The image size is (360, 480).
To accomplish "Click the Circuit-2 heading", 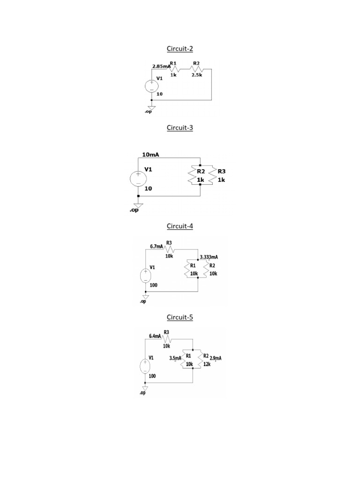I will (180, 49).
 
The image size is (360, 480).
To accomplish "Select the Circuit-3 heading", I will (180, 127).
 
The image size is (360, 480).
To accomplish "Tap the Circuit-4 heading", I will (180, 226).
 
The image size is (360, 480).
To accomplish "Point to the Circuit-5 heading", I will (180, 317).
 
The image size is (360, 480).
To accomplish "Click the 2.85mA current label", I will (161, 67).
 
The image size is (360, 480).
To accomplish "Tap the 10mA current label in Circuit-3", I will (150, 154).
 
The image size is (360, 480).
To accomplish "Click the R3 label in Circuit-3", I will (222, 172).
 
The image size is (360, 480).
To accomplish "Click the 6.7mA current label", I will (157, 246).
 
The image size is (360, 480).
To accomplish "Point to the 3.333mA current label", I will (209, 257).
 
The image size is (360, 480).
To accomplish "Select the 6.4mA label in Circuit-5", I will (155, 336).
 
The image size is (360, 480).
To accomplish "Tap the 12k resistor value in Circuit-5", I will (207, 364).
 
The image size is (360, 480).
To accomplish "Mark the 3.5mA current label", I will (175, 358).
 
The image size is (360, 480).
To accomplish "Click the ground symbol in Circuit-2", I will (151, 108).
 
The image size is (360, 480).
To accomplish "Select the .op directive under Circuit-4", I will (143, 302).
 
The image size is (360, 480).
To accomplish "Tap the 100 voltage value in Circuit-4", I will (154, 285).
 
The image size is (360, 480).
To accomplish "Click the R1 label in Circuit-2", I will (173, 63).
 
